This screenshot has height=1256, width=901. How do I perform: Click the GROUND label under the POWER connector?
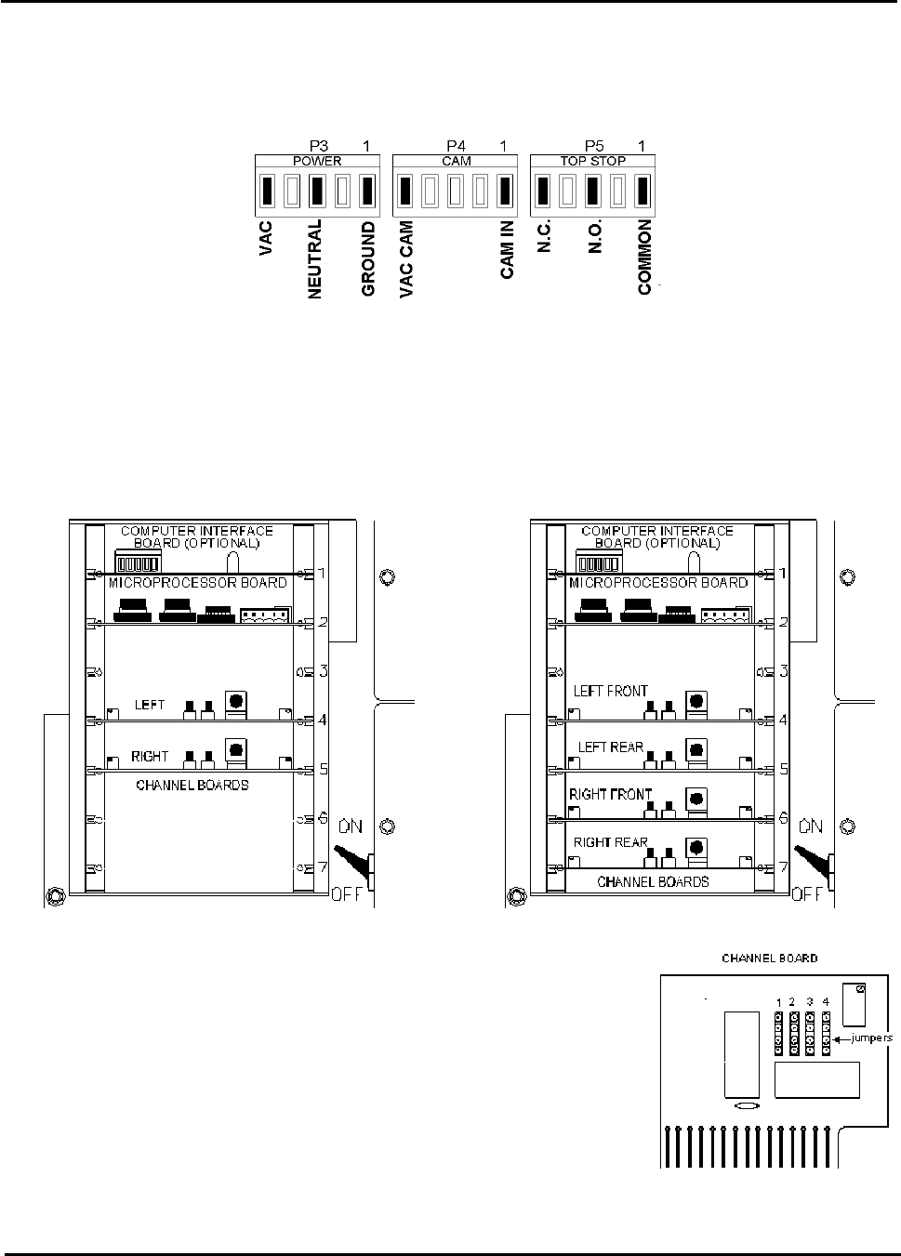coord(368,258)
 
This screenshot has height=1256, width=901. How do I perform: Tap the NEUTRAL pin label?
coord(315,258)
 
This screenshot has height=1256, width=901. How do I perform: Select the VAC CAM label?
coord(406,259)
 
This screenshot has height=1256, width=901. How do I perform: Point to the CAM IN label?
coord(507,249)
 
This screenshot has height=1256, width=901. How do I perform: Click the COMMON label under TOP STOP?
coord(645,258)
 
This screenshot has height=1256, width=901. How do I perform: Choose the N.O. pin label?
coord(596,236)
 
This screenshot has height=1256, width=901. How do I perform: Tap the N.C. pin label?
coord(545,236)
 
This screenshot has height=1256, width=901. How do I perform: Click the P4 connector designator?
coord(455,146)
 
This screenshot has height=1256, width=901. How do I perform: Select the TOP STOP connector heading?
coord(592,161)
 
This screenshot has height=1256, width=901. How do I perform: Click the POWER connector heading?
coord(317,161)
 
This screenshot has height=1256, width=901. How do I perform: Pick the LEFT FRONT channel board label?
coord(611,691)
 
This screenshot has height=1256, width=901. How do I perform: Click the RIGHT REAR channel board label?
coord(611,842)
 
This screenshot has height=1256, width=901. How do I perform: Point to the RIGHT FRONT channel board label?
coord(611,794)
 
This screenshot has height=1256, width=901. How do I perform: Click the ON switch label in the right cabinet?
coord(811,826)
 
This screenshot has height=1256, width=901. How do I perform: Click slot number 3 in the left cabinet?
coord(322,671)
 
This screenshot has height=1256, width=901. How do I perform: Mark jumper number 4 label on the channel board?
coord(826,1001)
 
